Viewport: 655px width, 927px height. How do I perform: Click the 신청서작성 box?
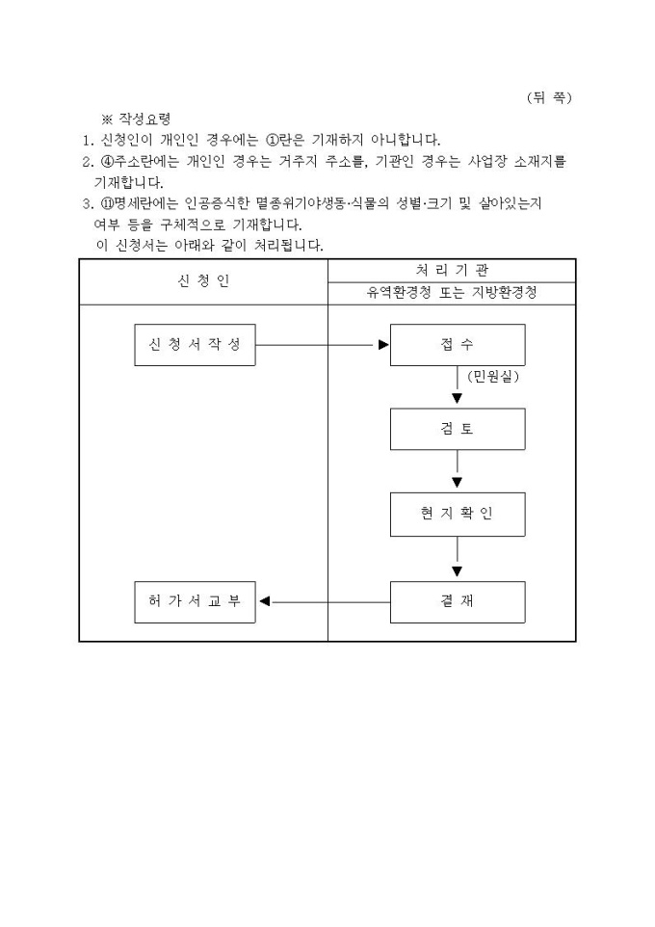tap(195, 345)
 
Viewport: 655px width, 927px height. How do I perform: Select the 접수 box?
tap(457, 345)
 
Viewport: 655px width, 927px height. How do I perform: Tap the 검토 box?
tap(457, 429)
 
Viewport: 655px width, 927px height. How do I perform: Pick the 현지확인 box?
tap(457, 514)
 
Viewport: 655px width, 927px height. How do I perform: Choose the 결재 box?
tap(457, 602)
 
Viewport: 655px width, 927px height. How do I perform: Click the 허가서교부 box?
tap(195, 602)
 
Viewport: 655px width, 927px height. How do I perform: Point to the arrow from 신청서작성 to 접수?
tap(322, 345)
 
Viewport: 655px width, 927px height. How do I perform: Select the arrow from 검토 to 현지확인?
tap(457, 471)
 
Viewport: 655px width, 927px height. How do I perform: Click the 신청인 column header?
tap(203, 281)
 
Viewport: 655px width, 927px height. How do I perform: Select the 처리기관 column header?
tap(451, 270)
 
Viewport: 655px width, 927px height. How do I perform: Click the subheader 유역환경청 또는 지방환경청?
tap(451, 294)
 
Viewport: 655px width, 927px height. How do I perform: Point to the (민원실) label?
tap(493, 377)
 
